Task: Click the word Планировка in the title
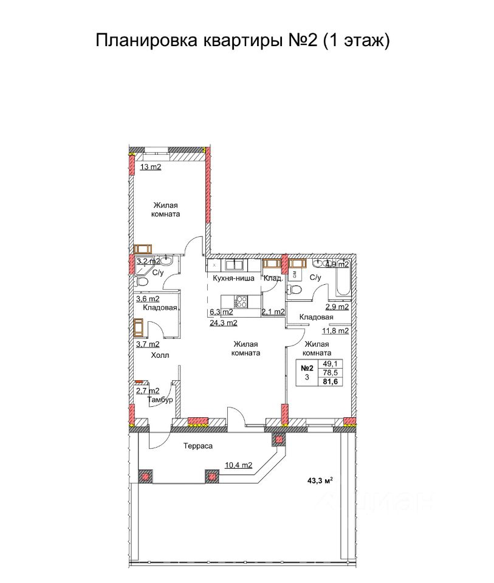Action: [x=146, y=41]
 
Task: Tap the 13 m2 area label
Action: [x=150, y=167]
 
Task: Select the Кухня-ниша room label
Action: [x=233, y=278]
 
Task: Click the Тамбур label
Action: [x=160, y=400]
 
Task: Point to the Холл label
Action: [x=160, y=355]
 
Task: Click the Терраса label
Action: [x=198, y=446]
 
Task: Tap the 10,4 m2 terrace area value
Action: [x=238, y=465]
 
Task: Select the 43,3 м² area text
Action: [x=320, y=481]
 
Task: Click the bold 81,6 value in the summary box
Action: [x=331, y=381]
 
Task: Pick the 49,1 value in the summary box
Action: [x=331, y=364]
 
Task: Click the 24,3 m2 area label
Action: [x=224, y=322]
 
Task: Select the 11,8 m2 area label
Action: [x=335, y=330]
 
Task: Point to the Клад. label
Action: [x=273, y=278]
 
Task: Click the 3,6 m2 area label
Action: [x=148, y=299]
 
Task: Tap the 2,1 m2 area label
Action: [x=273, y=312]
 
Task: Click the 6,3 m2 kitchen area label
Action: [x=221, y=312]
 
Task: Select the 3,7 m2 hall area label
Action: [x=148, y=344]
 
